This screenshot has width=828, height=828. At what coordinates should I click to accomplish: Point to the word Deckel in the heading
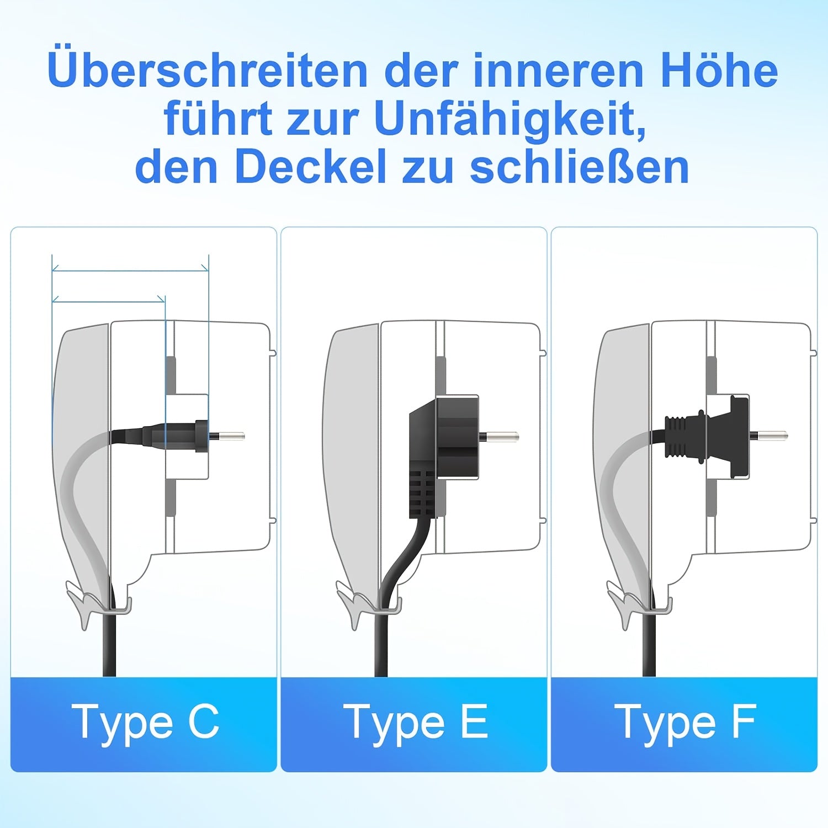(x=310, y=167)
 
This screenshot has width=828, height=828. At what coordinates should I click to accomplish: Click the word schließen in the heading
(x=580, y=167)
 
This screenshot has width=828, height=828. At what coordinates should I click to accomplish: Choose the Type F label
(x=686, y=721)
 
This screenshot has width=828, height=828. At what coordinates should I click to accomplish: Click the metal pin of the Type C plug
(x=227, y=437)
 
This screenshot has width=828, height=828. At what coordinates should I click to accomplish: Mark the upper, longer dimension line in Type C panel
(x=130, y=270)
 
